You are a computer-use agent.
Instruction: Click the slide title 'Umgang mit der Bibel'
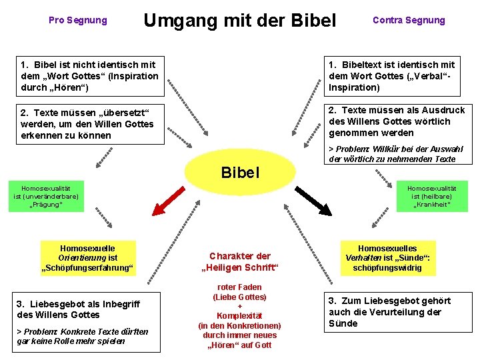pyautogui.click(x=240, y=21)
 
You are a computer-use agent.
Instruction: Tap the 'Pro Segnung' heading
pyautogui.click(x=77, y=20)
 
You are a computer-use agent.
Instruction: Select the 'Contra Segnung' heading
pyautogui.click(x=409, y=20)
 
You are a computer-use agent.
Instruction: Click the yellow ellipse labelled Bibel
pyautogui.click(x=239, y=172)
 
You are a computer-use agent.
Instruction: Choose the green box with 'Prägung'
pyautogui.click(x=46, y=197)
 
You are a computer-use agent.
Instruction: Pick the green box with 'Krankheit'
pyautogui.click(x=432, y=197)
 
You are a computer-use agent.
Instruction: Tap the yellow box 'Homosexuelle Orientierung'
pyautogui.click(x=87, y=258)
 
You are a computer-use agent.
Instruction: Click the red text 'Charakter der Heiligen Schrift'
pyautogui.click(x=239, y=262)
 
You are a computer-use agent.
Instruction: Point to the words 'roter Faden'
pyautogui.click(x=239, y=287)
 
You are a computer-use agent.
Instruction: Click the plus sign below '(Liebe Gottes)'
pyautogui.click(x=239, y=306)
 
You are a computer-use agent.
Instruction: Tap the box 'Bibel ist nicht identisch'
pyautogui.click(x=89, y=76)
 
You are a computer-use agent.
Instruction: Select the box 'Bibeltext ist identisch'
pyautogui.click(x=395, y=76)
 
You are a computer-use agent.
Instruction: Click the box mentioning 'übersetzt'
pyautogui.click(x=89, y=124)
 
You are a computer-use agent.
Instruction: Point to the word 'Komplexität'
pyautogui.click(x=239, y=316)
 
